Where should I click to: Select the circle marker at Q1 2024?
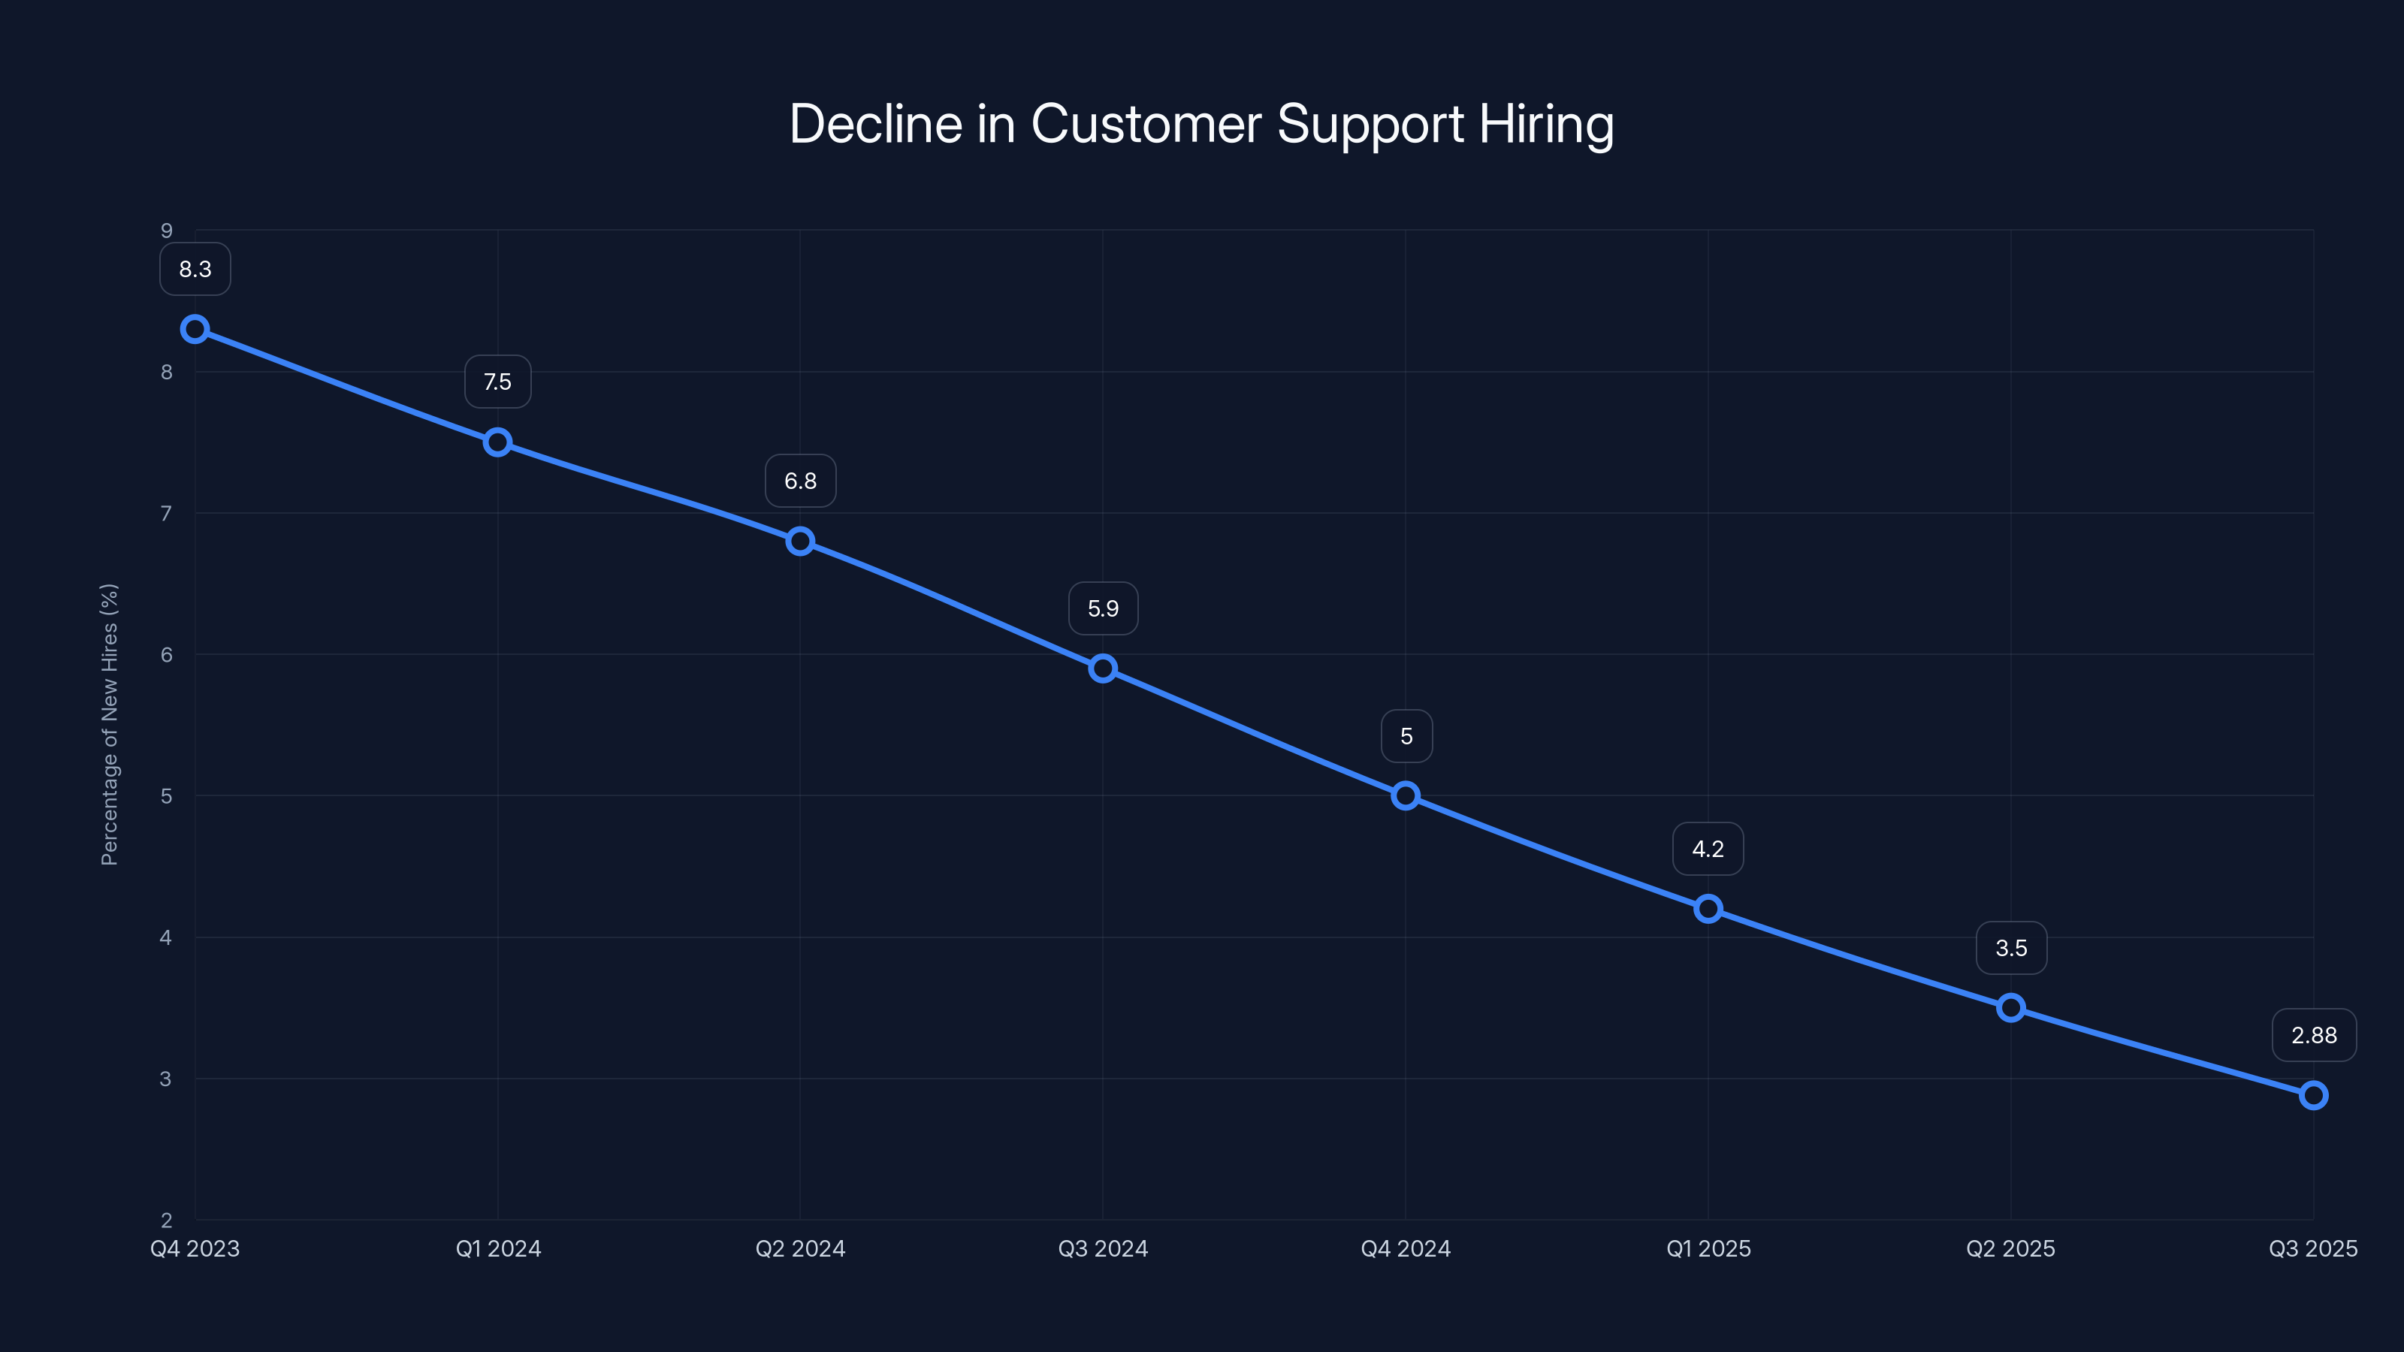click(x=497, y=442)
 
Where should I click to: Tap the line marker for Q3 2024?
click(x=1103, y=668)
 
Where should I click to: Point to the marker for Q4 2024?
click(x=1406, y=796)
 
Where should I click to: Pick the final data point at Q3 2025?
click(x=2314, y=1095)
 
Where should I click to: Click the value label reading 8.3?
click(x=195, y=270)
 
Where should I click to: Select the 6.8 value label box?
click(x=801, y=481)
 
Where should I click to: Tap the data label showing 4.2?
click(x=1708, y=849)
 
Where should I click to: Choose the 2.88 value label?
click(x=2314, y=1036)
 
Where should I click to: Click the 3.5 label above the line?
click(x=2011, y=948)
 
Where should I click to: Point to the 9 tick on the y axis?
click(x=167, y=231)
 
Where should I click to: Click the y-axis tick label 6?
click(x=167, y=655)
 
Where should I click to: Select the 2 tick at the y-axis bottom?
click(x=167, y=1220)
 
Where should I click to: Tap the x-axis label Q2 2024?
click(x=801, y=1248)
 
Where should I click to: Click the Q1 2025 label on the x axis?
click(x=1708, y=1248)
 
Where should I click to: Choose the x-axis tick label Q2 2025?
click(x=2011, y=1248)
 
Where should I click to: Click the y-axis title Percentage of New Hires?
click(x=109, y=725)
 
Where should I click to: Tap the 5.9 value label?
click(x=1103, y=609)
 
